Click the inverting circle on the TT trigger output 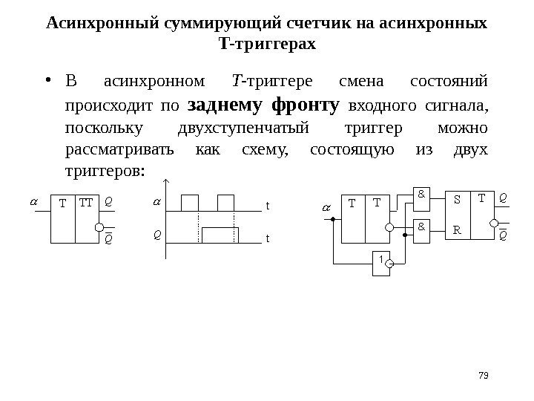tap(100, 229)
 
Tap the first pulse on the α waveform tap(189, 203)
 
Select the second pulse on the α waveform tap(226, 203)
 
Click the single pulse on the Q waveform tap(219, 234)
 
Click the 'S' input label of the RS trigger tap(457, 200)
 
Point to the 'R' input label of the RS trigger tap(457, 229)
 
